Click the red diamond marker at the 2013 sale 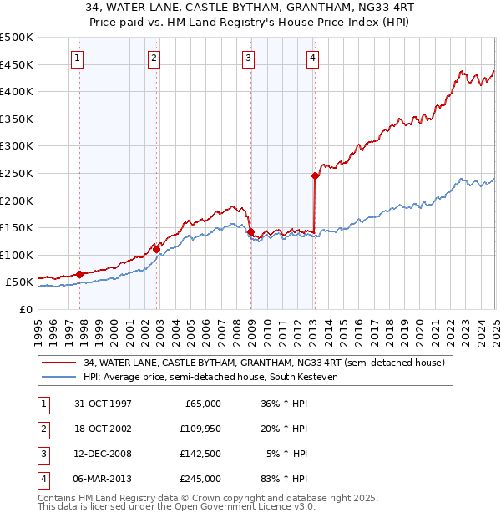click(x=315, y=176)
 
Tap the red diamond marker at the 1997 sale click(x=80, y=273)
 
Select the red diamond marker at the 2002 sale click(x=156, y=249)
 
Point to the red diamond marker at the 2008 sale click(x=250, y=231)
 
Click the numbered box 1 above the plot click(x=77, y=58)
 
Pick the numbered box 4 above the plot click(x=311, y=58)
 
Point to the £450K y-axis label click(x=17, y=64)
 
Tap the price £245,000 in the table click(x=201, y=479)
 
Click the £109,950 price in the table click(x=201, y=429)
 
